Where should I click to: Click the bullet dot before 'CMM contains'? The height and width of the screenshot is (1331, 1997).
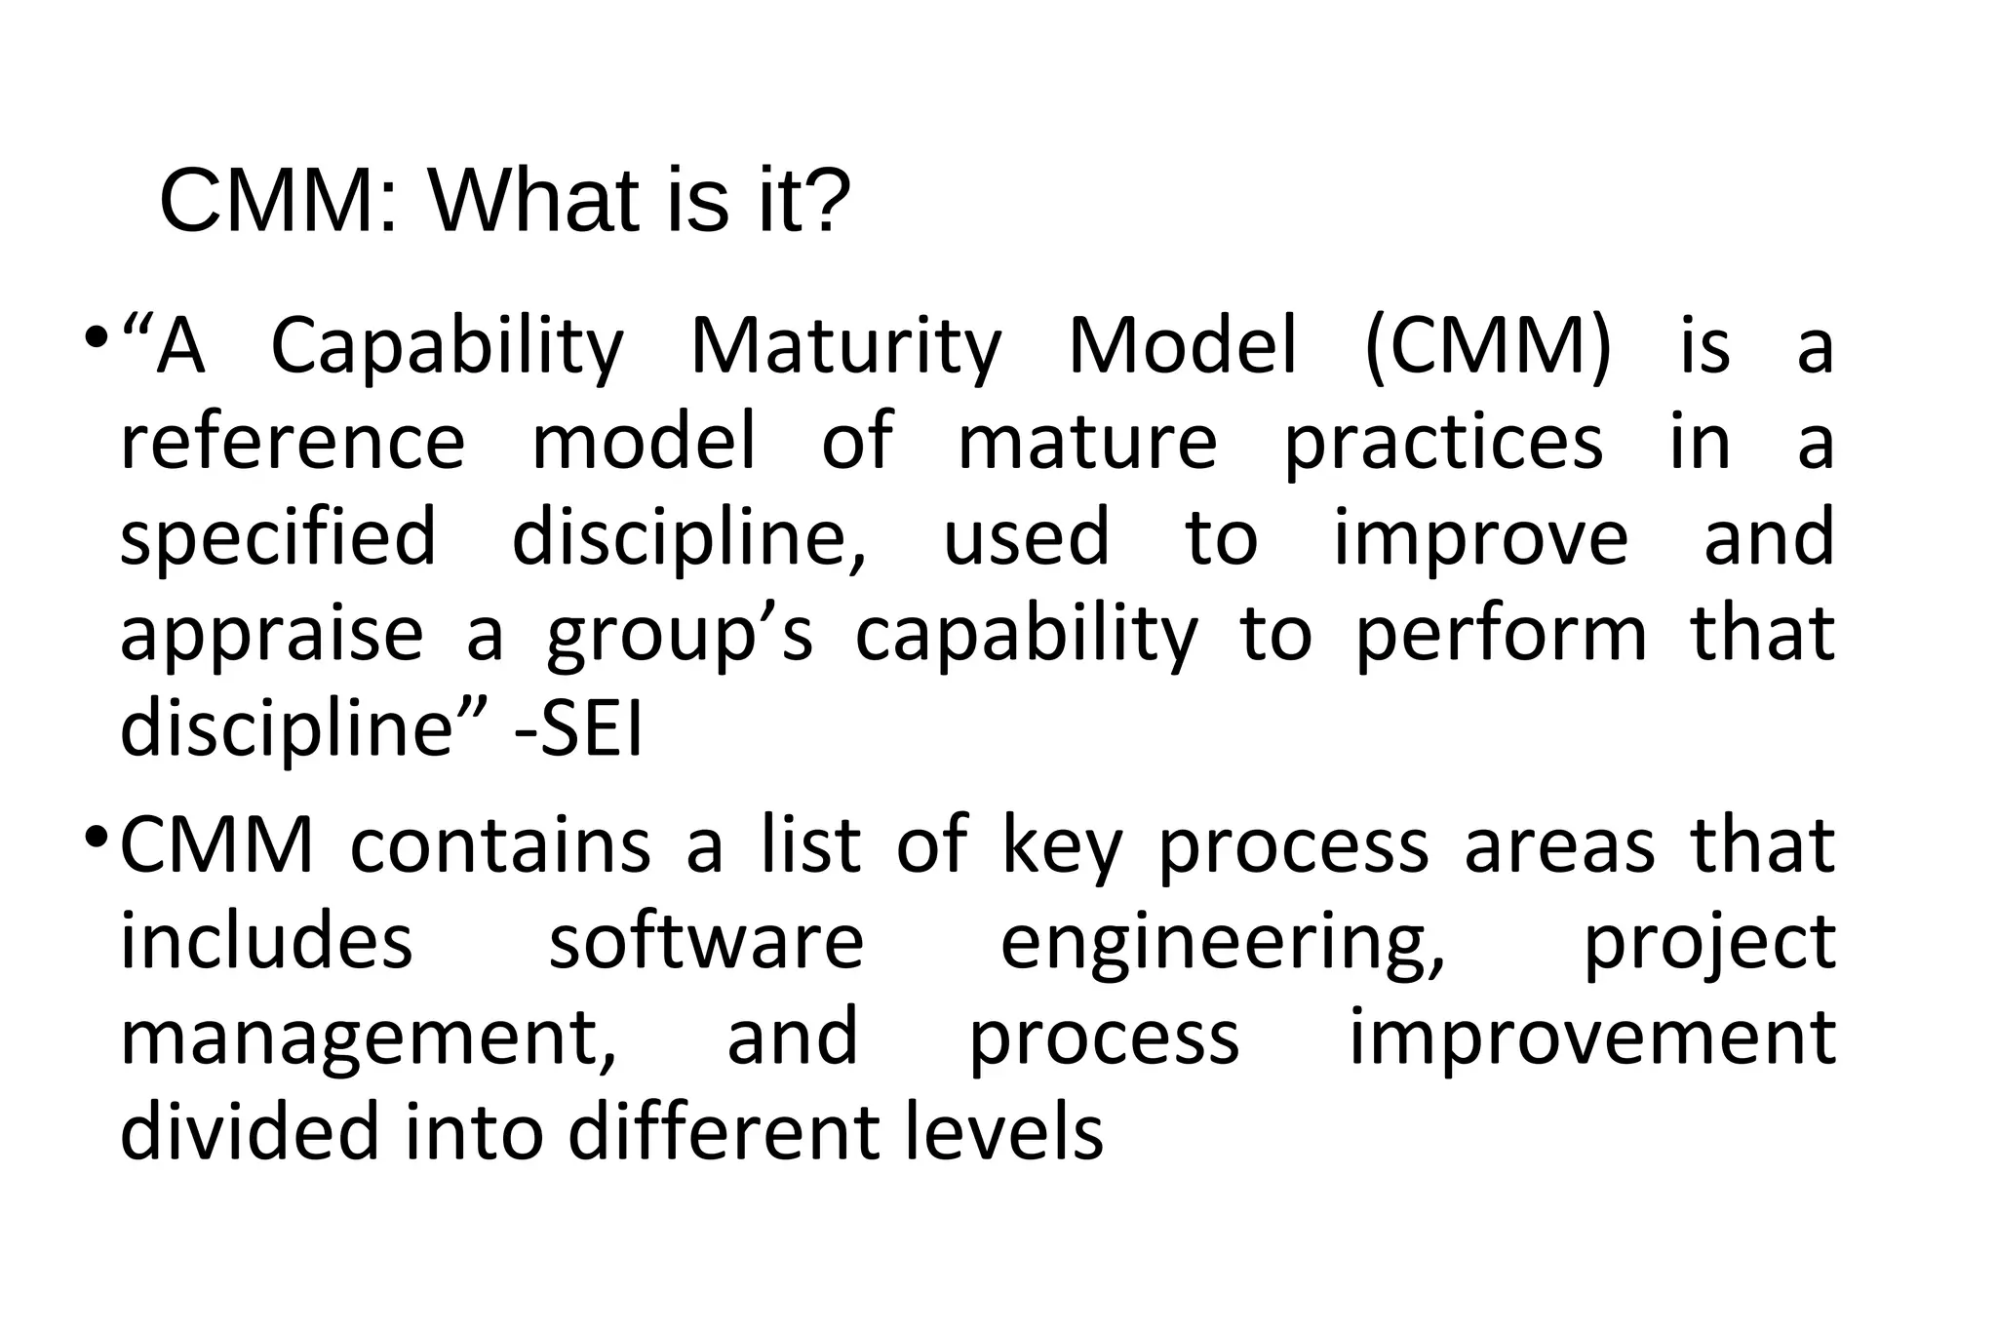(x=97, y=837)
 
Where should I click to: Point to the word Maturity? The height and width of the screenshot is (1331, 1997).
(x=845, y=349)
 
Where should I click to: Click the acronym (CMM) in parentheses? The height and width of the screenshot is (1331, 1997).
(x=1488, y=347)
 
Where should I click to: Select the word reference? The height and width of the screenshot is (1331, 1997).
(x=293, y=443)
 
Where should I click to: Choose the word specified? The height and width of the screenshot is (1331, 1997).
(x=278, y=539)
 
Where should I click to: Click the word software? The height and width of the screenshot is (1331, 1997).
(x=706, y=942)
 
